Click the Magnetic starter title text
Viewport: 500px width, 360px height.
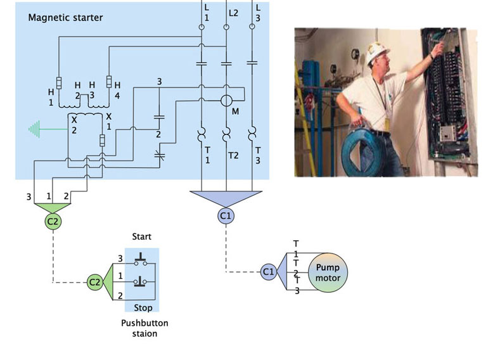pos(65,18)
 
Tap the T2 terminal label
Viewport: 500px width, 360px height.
pos(233,155)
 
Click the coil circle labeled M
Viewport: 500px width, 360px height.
pos(227,101)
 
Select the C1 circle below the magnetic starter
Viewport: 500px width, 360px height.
pos(226,216)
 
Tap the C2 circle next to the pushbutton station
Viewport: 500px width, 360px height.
pos(94,281)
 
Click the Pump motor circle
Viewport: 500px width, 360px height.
pos(328,273)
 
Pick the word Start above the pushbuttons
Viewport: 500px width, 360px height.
pos(141,237)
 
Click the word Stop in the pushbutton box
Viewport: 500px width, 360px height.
pos(143,308)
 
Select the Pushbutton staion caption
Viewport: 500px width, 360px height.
pos(144,328)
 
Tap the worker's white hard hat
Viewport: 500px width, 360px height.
pos(379,53)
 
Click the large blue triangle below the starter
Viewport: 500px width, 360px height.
pos(226,198)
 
